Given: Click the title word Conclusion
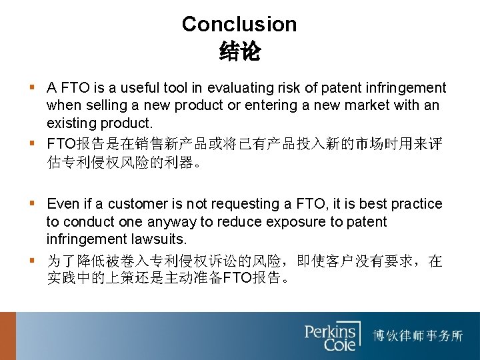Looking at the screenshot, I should coord(239,25).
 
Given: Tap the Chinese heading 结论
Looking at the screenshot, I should coord(239,51).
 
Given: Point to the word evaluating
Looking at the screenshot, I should coord(241,88).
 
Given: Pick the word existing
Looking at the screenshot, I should coord(69,123).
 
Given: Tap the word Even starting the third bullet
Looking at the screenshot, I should coord(61,204).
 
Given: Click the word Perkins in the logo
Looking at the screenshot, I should coord(331,330).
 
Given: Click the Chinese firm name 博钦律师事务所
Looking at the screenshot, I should coord(418,335).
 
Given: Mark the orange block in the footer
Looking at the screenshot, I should coord(7,336).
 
